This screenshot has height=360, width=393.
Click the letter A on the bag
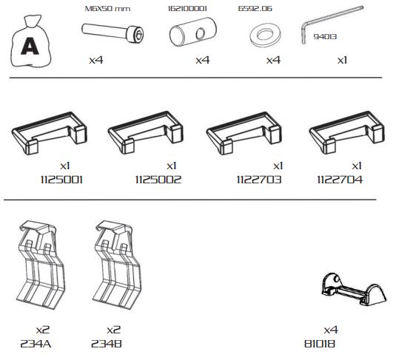click(30, 46)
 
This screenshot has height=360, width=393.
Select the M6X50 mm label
click(107, 9)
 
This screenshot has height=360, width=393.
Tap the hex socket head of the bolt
click(138, 35)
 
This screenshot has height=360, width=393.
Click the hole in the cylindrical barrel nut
click(201, 34)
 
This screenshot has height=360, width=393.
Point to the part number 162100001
click(187, 9)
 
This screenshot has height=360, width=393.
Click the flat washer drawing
click(265, 35)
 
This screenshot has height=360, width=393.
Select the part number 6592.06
click(255, 9)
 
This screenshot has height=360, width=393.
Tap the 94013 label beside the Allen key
click(325, 37)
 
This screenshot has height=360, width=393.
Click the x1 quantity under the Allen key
click(342, 61)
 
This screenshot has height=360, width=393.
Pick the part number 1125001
click(61, 180)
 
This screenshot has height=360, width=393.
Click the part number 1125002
click(158, 180)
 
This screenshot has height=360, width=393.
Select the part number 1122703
click(259, 180)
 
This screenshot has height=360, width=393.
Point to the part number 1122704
click(340, 180)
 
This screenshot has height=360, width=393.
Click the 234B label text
click(107, 344)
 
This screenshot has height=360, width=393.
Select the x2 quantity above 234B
click(113, 330)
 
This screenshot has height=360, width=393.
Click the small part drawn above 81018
click(354, 290)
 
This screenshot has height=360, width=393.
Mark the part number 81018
click(320, 344)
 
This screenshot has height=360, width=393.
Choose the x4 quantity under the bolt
click(96, 61)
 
